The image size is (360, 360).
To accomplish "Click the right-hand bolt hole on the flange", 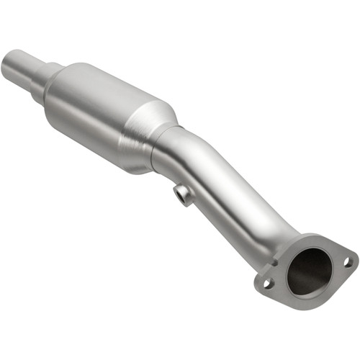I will (x=348, y=261).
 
